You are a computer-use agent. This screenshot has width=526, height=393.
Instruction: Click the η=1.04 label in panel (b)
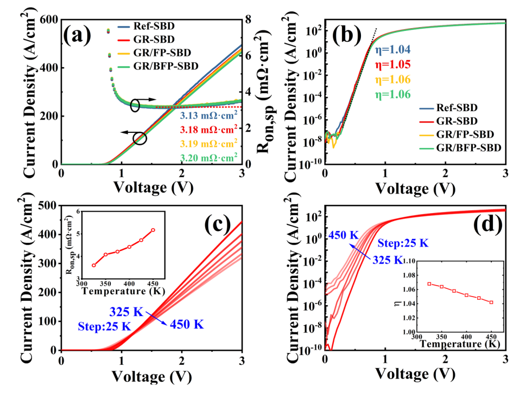pyautogui.click(x=393, y=50)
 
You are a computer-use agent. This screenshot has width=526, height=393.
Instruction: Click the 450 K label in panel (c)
pyautogui.click(x=187, y=324)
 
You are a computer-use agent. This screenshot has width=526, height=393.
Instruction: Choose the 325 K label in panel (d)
pyautogui.click(x=388, y=261)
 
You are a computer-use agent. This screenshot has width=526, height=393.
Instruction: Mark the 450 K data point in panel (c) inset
pyautogui.click(x=153, y=230)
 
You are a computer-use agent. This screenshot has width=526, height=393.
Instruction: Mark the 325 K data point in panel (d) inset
pyautogui.click(x=429, y=284)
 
